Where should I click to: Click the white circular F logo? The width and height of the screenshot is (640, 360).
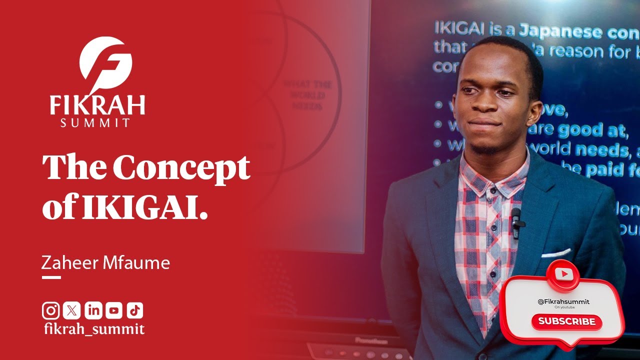[x=105, y=62]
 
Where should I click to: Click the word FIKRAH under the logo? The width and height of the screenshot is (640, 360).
[x=97, y=105]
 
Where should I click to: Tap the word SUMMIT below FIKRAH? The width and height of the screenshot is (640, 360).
[x=95, y=122]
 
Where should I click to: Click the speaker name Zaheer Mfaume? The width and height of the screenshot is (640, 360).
[x=105, y=263]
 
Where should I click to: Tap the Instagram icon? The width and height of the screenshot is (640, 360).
[x=50, y=310]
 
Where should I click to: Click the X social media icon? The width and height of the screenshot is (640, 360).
[x=71, y=310]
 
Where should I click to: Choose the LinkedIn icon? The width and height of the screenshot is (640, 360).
[x=92, y=310]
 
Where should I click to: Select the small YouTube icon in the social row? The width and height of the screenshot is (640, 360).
[x=113, y=310]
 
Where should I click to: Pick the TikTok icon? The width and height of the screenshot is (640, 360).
[x=134, y=310]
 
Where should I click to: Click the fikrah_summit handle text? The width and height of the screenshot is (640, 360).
[x=94, y=329]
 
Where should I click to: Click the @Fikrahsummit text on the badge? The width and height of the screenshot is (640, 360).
[x=563, y=301]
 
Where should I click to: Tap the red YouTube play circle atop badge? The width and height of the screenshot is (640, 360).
[x=563, y=273]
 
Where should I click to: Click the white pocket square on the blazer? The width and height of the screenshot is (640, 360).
[x=555, y=253]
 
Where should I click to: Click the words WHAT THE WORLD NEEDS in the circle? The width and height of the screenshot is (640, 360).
[x=308, y=95]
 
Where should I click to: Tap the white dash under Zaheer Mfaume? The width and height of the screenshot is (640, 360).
[x=51, y=277]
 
